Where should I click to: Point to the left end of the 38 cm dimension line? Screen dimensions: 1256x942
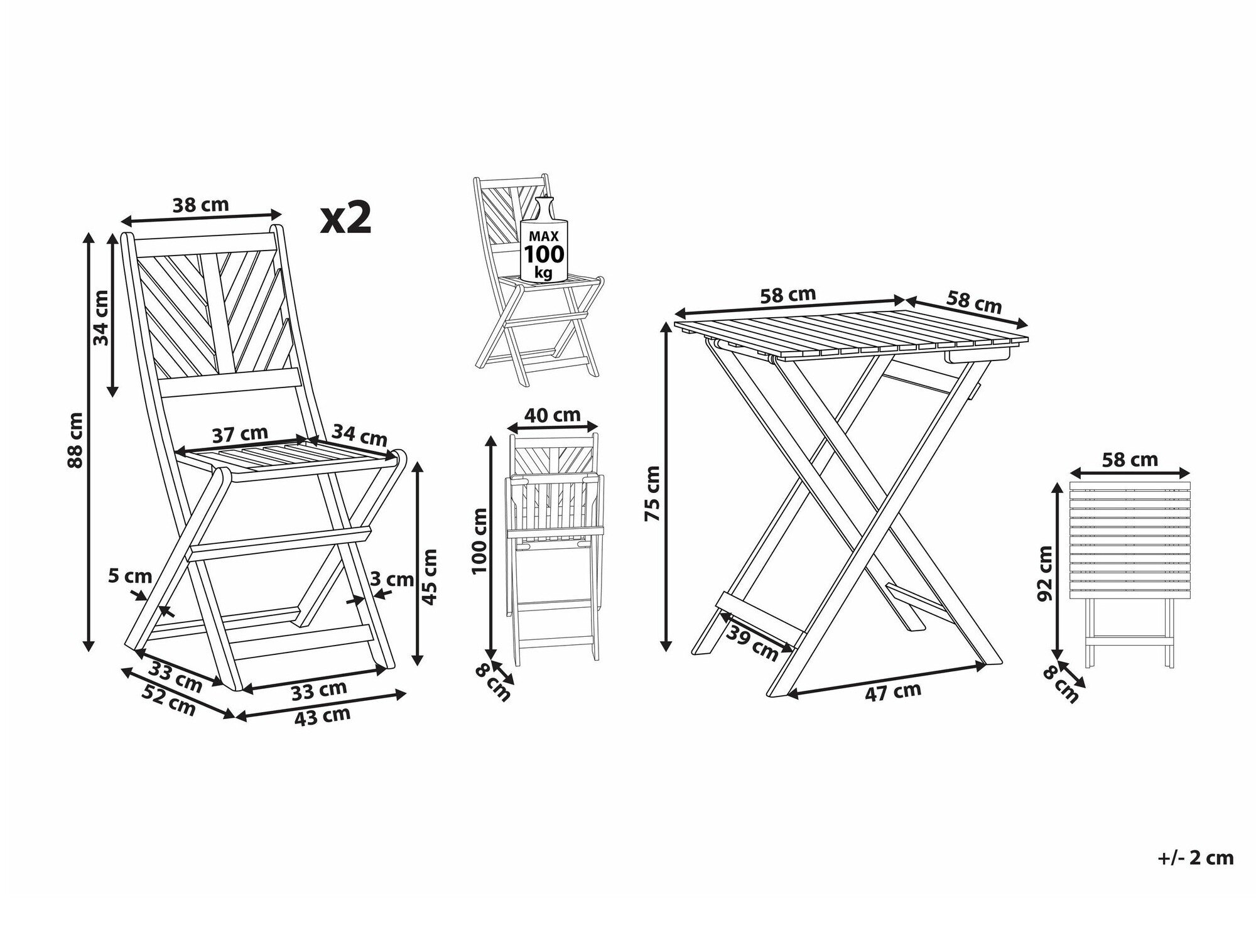click(x=121, y=221)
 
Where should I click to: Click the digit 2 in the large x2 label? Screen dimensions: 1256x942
click(x=357, y=219)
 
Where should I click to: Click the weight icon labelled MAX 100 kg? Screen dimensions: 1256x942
click(x=544, y=239)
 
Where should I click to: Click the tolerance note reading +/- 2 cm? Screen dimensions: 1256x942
click(x=1196, y=858)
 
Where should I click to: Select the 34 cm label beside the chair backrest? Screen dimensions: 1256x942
click(x=102, y=318)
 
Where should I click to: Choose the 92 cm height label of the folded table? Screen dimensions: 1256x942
click(x=1046, y=573)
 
